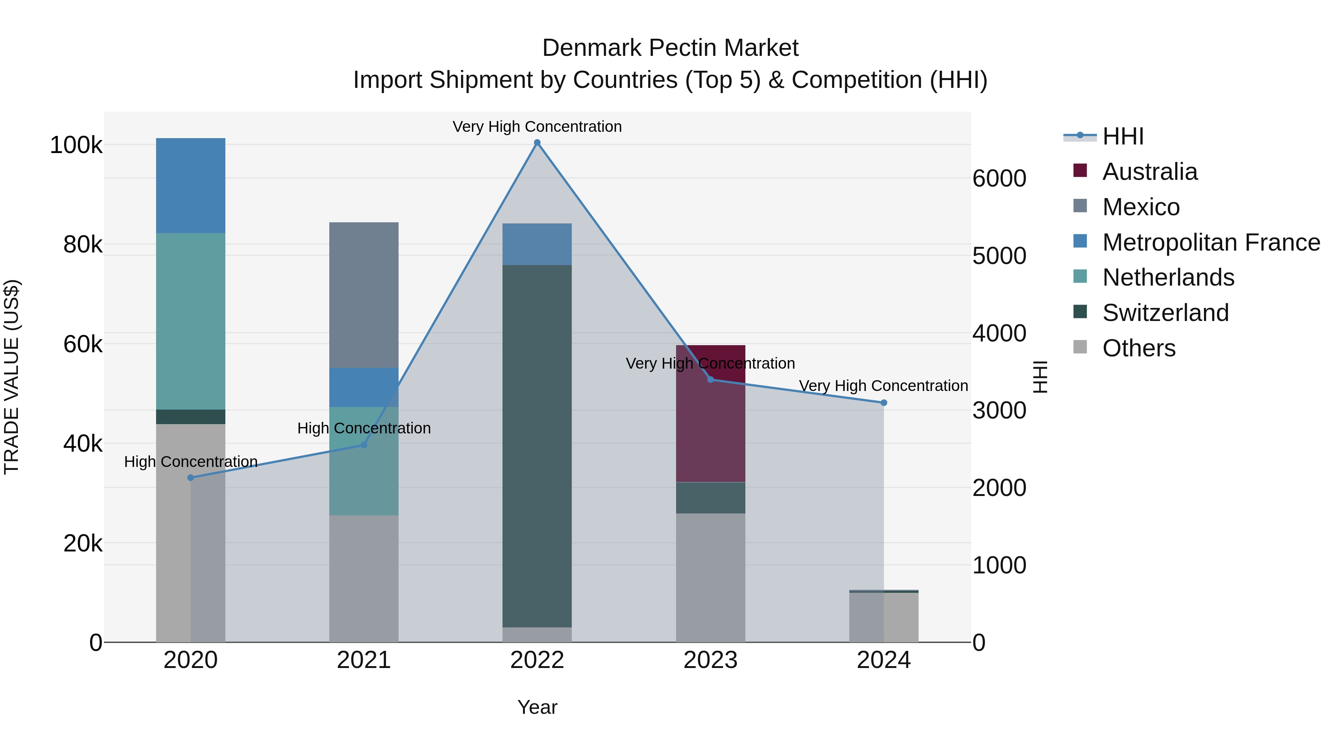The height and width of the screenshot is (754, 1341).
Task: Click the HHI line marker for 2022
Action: pyautogui.click(x=537, y=143)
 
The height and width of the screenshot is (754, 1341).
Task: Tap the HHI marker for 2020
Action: pyautogui.click(x=190, y=478)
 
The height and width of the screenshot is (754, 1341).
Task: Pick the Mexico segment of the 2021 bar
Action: pyautogui.click(x=364, y=295)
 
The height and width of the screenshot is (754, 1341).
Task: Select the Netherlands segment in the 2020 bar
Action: pyautogui.click(x=190, y=321)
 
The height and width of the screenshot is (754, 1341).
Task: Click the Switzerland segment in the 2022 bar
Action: pyautogui.click(x=537, y=446)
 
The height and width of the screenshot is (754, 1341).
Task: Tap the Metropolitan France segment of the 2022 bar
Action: pyautogui.click(x=537, y=244)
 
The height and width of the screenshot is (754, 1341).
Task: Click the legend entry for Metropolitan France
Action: pyautogui.click(x=1211, y=242)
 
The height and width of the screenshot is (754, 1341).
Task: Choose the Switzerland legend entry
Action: pyautogui.click(x=1165, y=313)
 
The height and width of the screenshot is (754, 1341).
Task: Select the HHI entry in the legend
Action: pyautogui.click(x=1122, y=136)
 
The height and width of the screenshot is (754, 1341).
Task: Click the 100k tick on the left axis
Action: pyautogui.click(x=76, y=145)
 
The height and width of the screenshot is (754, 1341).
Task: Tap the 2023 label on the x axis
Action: pyautogui.click(x=711, y=660)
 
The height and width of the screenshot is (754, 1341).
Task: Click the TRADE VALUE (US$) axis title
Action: pyautogui.click(x=12, y=377)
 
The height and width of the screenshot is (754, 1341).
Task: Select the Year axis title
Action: pyautogui.click(x=537, y=707)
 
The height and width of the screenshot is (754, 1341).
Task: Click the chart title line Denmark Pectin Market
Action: pyautogui.click(x=670, y=48)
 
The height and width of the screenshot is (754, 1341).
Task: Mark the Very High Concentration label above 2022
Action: pyautogui.click(x=537, y=127)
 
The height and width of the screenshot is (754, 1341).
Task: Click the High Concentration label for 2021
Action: pyautogui.click(x=364, y=428)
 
